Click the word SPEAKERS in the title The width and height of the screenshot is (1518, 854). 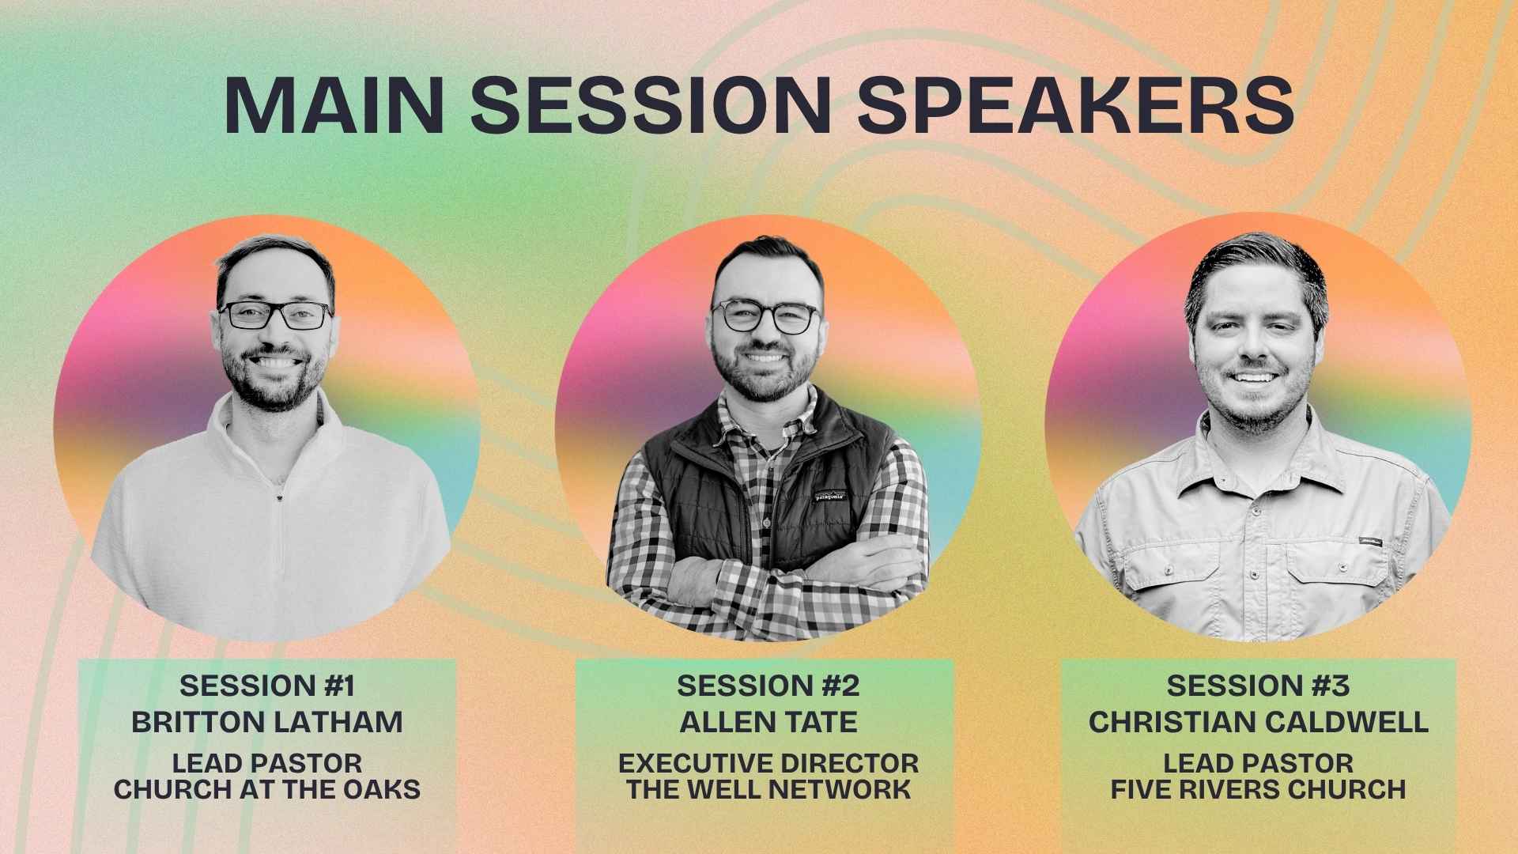click(1076, 105)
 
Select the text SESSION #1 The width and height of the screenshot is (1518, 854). click(267, 686)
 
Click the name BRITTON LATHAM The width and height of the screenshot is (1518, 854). click(267, 722)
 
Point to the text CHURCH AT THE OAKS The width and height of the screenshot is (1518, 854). click(267, 789)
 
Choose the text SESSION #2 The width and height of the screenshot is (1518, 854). click(768, 686)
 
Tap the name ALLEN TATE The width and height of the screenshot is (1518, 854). click(768, 722)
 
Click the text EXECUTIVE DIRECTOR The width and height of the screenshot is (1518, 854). click(768, 764)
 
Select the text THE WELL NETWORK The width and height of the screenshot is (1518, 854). click(768, 789)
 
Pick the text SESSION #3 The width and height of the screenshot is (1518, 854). click(1258, 686)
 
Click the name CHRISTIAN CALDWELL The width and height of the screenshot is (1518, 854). click(1258, 722)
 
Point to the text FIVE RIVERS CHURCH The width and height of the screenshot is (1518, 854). click(1258, 789)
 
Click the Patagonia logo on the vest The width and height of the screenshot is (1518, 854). click(830, 497)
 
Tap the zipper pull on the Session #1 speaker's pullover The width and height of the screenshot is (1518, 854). click(279, 498)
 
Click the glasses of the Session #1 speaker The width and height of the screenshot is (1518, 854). click(275, 316)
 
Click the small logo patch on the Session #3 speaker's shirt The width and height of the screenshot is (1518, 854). click(1370, 542)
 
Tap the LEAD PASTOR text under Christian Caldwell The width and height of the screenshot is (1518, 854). click(1258, 764)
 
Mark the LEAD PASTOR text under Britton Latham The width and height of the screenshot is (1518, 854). click(267, 764)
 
